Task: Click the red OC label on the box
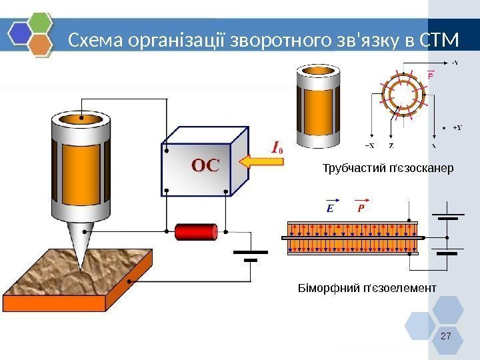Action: tap(205, 165)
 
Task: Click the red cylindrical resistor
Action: tap(196, 232)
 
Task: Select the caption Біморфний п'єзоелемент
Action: tap(366, 288)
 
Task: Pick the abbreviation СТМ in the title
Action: tap(441, 41)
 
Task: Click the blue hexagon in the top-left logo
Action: tap(20, 32)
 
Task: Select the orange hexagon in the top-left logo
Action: tap(41, 44)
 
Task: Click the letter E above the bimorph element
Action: tap(329, 209)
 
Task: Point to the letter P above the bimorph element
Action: tap(361, 209)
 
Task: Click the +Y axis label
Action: tap(457, 127)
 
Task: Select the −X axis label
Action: tap(369, 145)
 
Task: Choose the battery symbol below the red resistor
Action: tap(250, 256)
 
